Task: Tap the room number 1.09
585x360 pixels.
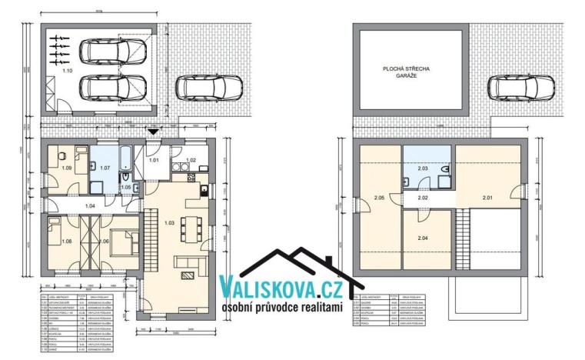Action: click(67, 167)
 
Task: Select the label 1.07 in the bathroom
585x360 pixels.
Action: click(105, 167)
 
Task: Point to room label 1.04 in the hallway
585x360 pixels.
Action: click(90, 206)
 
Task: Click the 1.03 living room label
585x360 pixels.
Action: click(169, 222)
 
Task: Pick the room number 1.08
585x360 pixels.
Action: click(65, 242)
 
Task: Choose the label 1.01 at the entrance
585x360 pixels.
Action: click(154, 160)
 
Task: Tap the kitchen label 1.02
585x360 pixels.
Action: click(191, 160)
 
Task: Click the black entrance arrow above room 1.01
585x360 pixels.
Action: click(154, 132)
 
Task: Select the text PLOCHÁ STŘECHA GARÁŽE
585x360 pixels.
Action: click(407, 73)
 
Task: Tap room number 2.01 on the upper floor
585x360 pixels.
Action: click(488, 198)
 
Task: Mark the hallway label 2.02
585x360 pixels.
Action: click(422, 198)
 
